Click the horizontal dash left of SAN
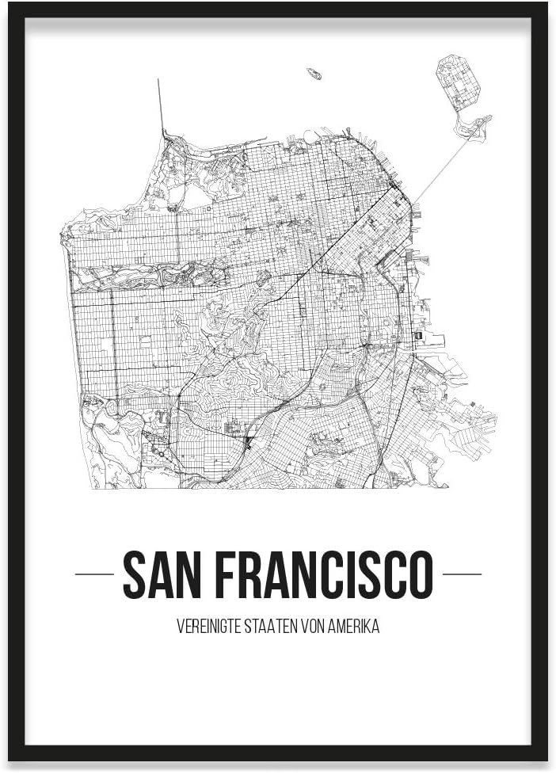(94, 574)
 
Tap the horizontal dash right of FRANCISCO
(462, 574)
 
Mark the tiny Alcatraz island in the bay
(314, 74)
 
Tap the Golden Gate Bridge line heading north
(161, 107)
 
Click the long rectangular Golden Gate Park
(150, 276)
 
